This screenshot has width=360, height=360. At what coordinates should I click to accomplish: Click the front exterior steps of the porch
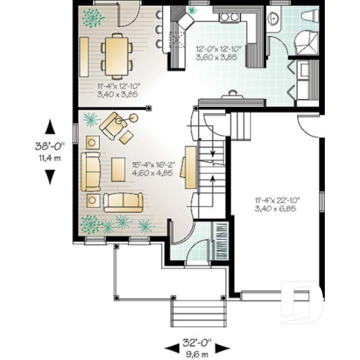tap(198, 308)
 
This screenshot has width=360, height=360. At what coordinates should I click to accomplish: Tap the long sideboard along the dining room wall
tap(84, 56)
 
